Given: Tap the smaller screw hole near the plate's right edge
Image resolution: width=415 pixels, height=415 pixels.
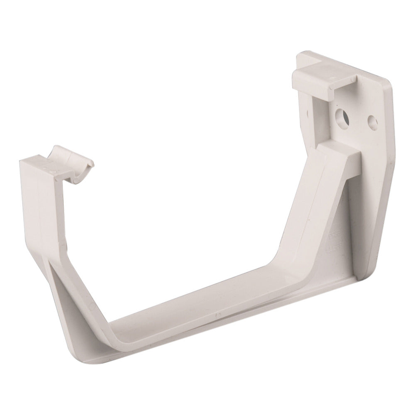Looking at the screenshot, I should click(372, 121).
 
